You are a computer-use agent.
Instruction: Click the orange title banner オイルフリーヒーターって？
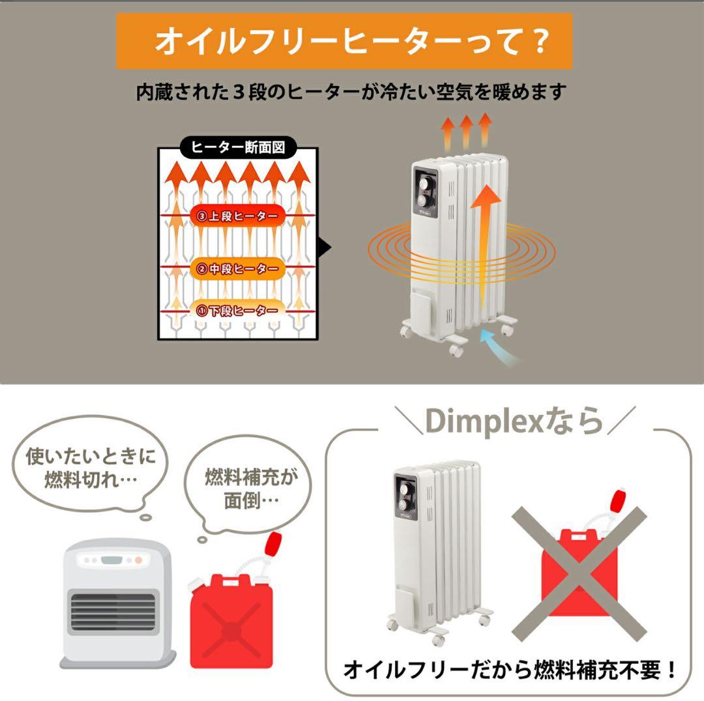tap(344, 41)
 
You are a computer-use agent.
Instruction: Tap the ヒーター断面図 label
tap(238, 148)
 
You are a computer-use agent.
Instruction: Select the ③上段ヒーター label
tap(238, 216)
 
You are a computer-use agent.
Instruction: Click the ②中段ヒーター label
tap(238, 268)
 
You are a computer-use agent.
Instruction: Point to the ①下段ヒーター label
tap(238, 311)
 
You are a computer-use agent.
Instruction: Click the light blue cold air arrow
tap(505, 349)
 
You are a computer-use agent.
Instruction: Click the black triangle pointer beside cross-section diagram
tap(325, 248)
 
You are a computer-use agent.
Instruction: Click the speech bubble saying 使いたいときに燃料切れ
tap(91, 467)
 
